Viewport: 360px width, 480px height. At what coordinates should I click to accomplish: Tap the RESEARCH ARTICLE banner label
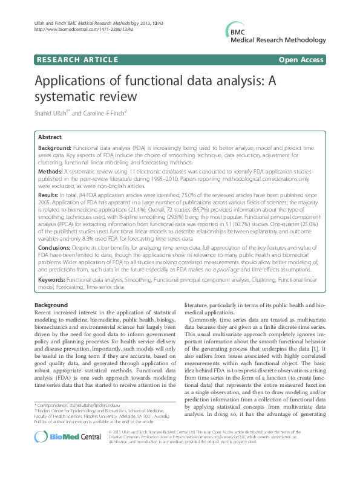pos(77,60)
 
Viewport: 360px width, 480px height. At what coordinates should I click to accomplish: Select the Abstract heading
pos(50,137)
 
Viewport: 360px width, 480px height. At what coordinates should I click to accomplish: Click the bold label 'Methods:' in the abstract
pos(53,171)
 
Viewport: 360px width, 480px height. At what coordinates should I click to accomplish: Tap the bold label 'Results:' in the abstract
pos(51,195)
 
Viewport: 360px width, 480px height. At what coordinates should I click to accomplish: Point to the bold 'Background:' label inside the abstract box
pos(56,148)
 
